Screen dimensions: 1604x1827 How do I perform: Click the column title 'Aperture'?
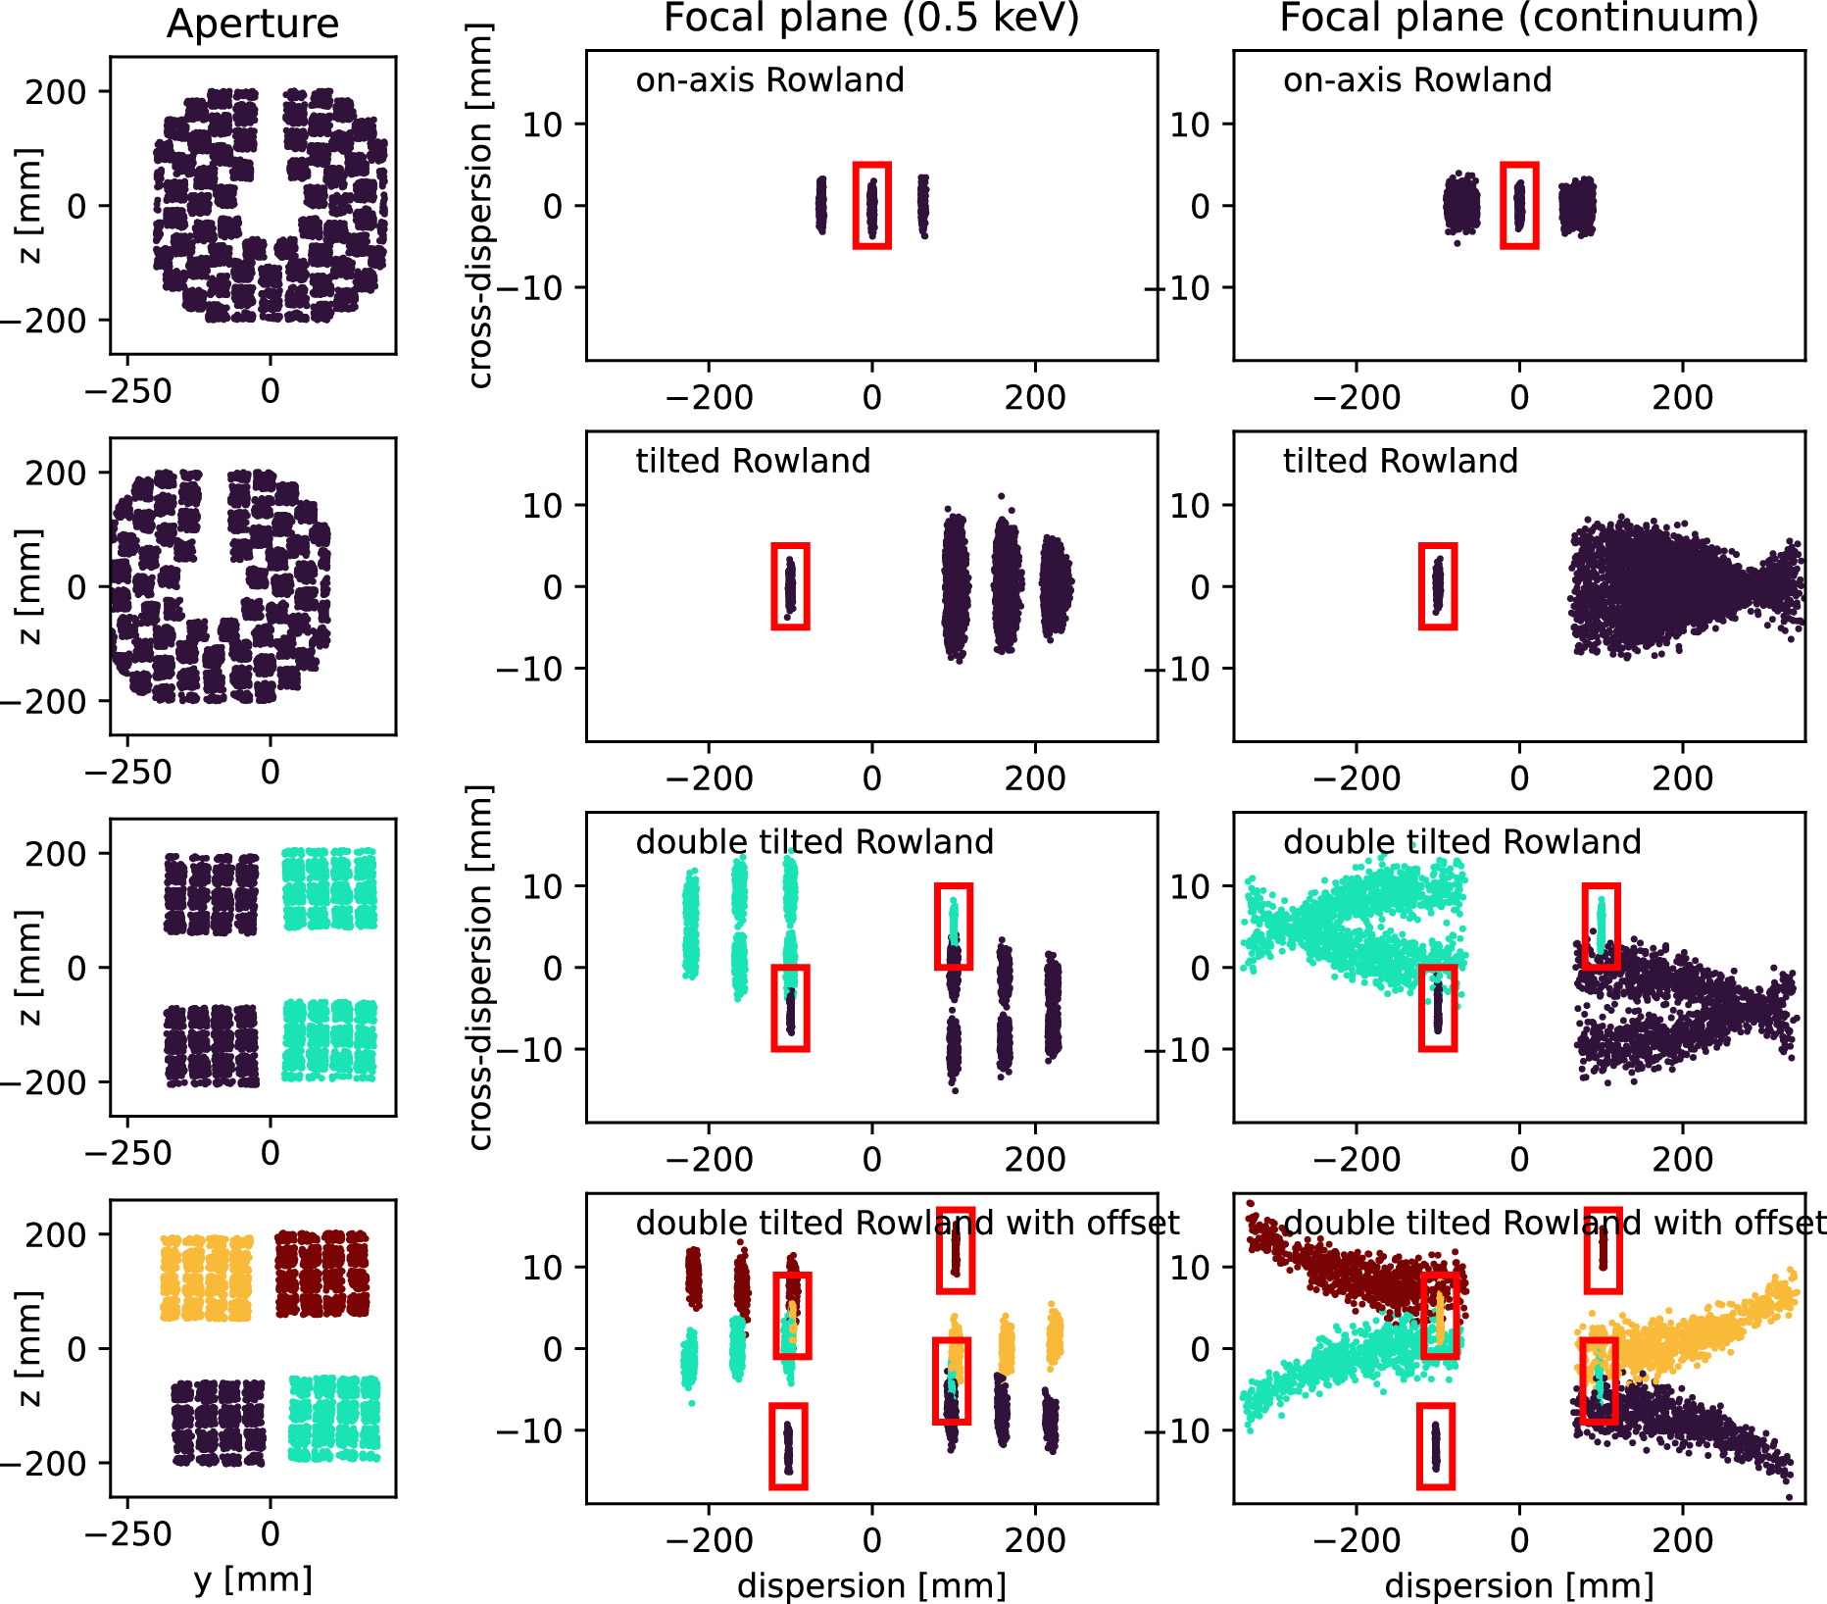(253, 24)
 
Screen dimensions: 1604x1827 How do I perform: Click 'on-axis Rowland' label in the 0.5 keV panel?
(769, 80)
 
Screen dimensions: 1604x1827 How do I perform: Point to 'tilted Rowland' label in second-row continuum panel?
(1400, 461)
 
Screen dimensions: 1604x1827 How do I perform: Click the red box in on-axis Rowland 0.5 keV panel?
(871, 205)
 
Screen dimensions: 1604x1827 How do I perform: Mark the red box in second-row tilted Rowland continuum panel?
(1438, 585)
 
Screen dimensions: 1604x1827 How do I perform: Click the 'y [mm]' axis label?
(253, 1579)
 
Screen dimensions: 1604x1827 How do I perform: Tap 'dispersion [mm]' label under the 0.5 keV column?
(871, 1585)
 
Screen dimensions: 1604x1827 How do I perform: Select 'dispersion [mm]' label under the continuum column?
(1518, 1585)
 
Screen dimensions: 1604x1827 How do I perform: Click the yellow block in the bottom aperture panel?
(206, 1278)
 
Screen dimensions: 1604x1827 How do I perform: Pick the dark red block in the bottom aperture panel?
(321, 1274)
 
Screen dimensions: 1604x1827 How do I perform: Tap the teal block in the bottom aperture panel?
(334, 1419)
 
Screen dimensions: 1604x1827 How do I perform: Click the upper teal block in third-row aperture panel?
(329, 888)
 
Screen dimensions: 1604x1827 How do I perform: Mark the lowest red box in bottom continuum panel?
(1436, 1445)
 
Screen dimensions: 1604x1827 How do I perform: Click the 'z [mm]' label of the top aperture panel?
(29, 206)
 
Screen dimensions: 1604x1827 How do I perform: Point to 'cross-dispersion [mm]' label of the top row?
(478, 206)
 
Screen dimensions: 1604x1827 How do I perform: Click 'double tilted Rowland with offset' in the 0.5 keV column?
(907, 1223)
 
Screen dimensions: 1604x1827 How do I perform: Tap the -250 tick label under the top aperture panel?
(128, 391)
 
